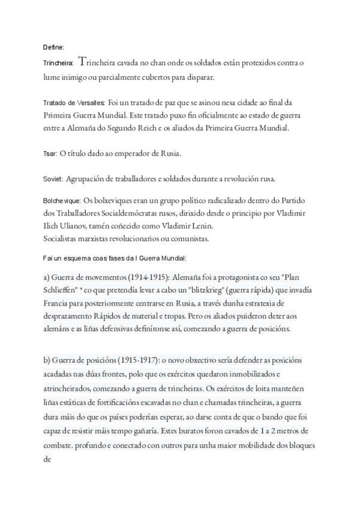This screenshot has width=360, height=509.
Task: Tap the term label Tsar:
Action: (50, 154)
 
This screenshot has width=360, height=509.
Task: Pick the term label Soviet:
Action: (53, 179)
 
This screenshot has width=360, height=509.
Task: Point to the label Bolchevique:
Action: (62, 199)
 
